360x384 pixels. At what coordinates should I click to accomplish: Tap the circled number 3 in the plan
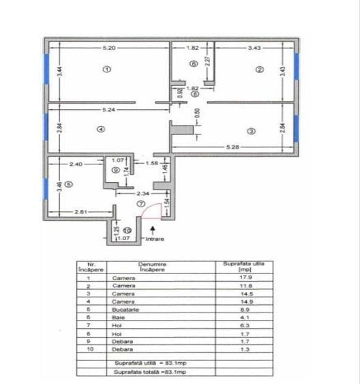tap(250, 131)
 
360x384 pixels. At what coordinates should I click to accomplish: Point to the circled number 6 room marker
tap(193, 63)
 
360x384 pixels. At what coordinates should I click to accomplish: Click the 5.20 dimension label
tap(108, 48)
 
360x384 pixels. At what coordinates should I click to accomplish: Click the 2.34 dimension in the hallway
tap(141, 194)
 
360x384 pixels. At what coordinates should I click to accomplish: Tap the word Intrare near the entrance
tap(155, 239)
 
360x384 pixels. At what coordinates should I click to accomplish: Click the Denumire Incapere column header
tap(151, 267)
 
